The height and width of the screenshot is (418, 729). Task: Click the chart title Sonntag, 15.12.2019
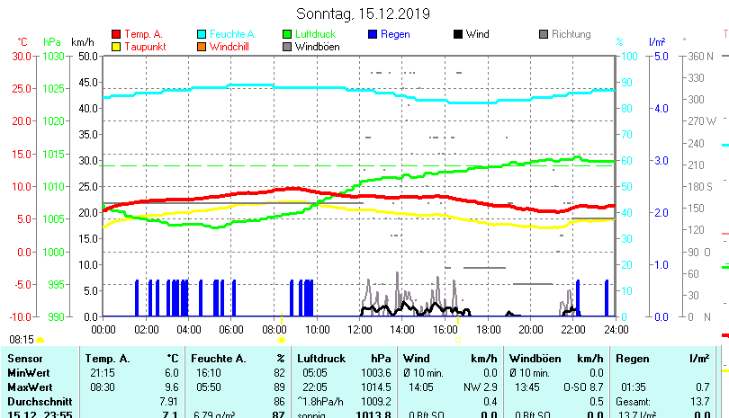coord(364,14)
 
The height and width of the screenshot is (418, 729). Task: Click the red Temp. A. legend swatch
coord(115,34)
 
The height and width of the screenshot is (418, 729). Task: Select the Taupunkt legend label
coord(143,47)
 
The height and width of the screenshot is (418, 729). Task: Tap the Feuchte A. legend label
coord(238,34)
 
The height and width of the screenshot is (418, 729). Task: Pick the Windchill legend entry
coord(229,47)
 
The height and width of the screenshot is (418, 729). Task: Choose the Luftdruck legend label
coord(320,34)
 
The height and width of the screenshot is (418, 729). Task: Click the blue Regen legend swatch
coord(373,34)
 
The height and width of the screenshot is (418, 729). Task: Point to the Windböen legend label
coord(317,47)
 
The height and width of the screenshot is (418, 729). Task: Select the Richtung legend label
coord(571,34)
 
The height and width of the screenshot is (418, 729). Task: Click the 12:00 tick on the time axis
coord(359,330)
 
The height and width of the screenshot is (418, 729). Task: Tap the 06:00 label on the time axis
coord(231,330)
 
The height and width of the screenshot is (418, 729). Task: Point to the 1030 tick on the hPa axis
coord(53,56)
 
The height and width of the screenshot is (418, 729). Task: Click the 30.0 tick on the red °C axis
coord(22,56)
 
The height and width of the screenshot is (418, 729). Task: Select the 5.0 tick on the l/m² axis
coord(660,56)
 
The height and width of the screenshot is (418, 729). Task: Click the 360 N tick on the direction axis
coord(701,56)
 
